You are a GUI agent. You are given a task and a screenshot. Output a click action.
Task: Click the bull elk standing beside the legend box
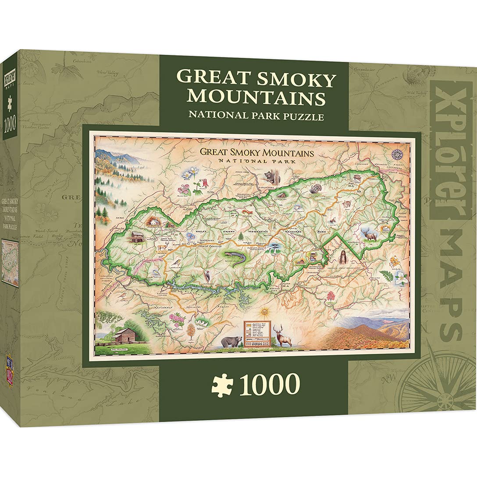click(282, 335)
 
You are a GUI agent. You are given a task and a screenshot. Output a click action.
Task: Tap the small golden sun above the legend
click(263, 312)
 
